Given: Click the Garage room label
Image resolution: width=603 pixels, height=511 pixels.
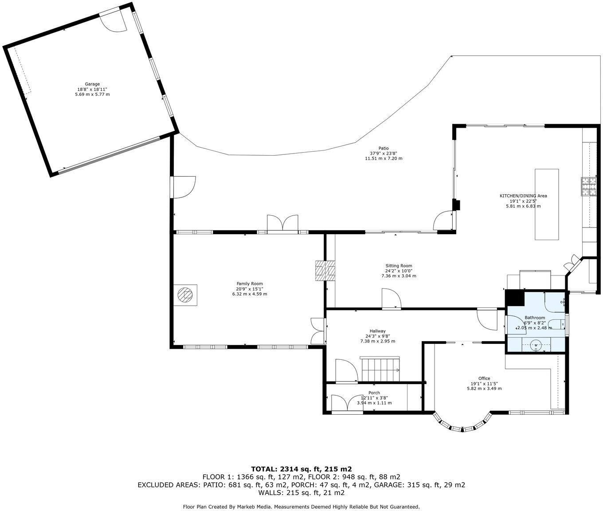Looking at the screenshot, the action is pyautogui.click(x=92, y=84).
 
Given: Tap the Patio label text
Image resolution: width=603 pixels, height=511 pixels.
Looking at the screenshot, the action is pyautogui.click(x=384, y=148).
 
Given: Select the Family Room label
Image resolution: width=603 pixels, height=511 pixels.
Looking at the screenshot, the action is pyautogui.click(x=250, y=283).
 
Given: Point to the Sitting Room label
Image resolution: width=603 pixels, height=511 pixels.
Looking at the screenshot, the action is pyautogui.click(x=399, y=266).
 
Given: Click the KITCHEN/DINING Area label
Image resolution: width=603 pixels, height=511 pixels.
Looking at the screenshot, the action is pyautogui.click(x=523, y=196).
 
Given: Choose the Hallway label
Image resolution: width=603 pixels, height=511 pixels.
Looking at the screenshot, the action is pyautogui.click(x=377, y=331).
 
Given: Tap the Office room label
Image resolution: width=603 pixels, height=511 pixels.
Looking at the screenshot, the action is pyautogui.click(x=484, y=378).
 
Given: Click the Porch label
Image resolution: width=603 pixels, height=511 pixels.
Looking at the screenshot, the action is pyautogui.click(x=374, y=393).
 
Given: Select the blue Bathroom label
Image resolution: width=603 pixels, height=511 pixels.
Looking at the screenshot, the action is pyautogui.click(x=535, y=318).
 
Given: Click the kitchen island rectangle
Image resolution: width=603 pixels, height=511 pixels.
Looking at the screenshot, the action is pyautogui.click(x=547, y=204).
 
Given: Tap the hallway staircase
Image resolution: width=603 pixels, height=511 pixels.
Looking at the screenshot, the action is pyautogui.click(x=380, y=369).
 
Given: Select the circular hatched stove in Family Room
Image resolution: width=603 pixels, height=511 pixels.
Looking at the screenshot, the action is pyautogui.click(x=185, y=295).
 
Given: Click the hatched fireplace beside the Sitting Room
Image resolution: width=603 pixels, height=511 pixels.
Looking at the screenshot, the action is pyautogui.click(x=325, y=271).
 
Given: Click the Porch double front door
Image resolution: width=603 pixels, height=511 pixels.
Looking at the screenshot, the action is pyautogui.click(x=347, y=404).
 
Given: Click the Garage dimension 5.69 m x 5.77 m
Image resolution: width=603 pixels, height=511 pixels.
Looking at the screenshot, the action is pyautogui.click(x=92, y=94).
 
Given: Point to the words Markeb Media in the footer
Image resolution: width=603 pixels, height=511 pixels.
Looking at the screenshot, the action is pyautogui.click(x=255, y=507).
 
